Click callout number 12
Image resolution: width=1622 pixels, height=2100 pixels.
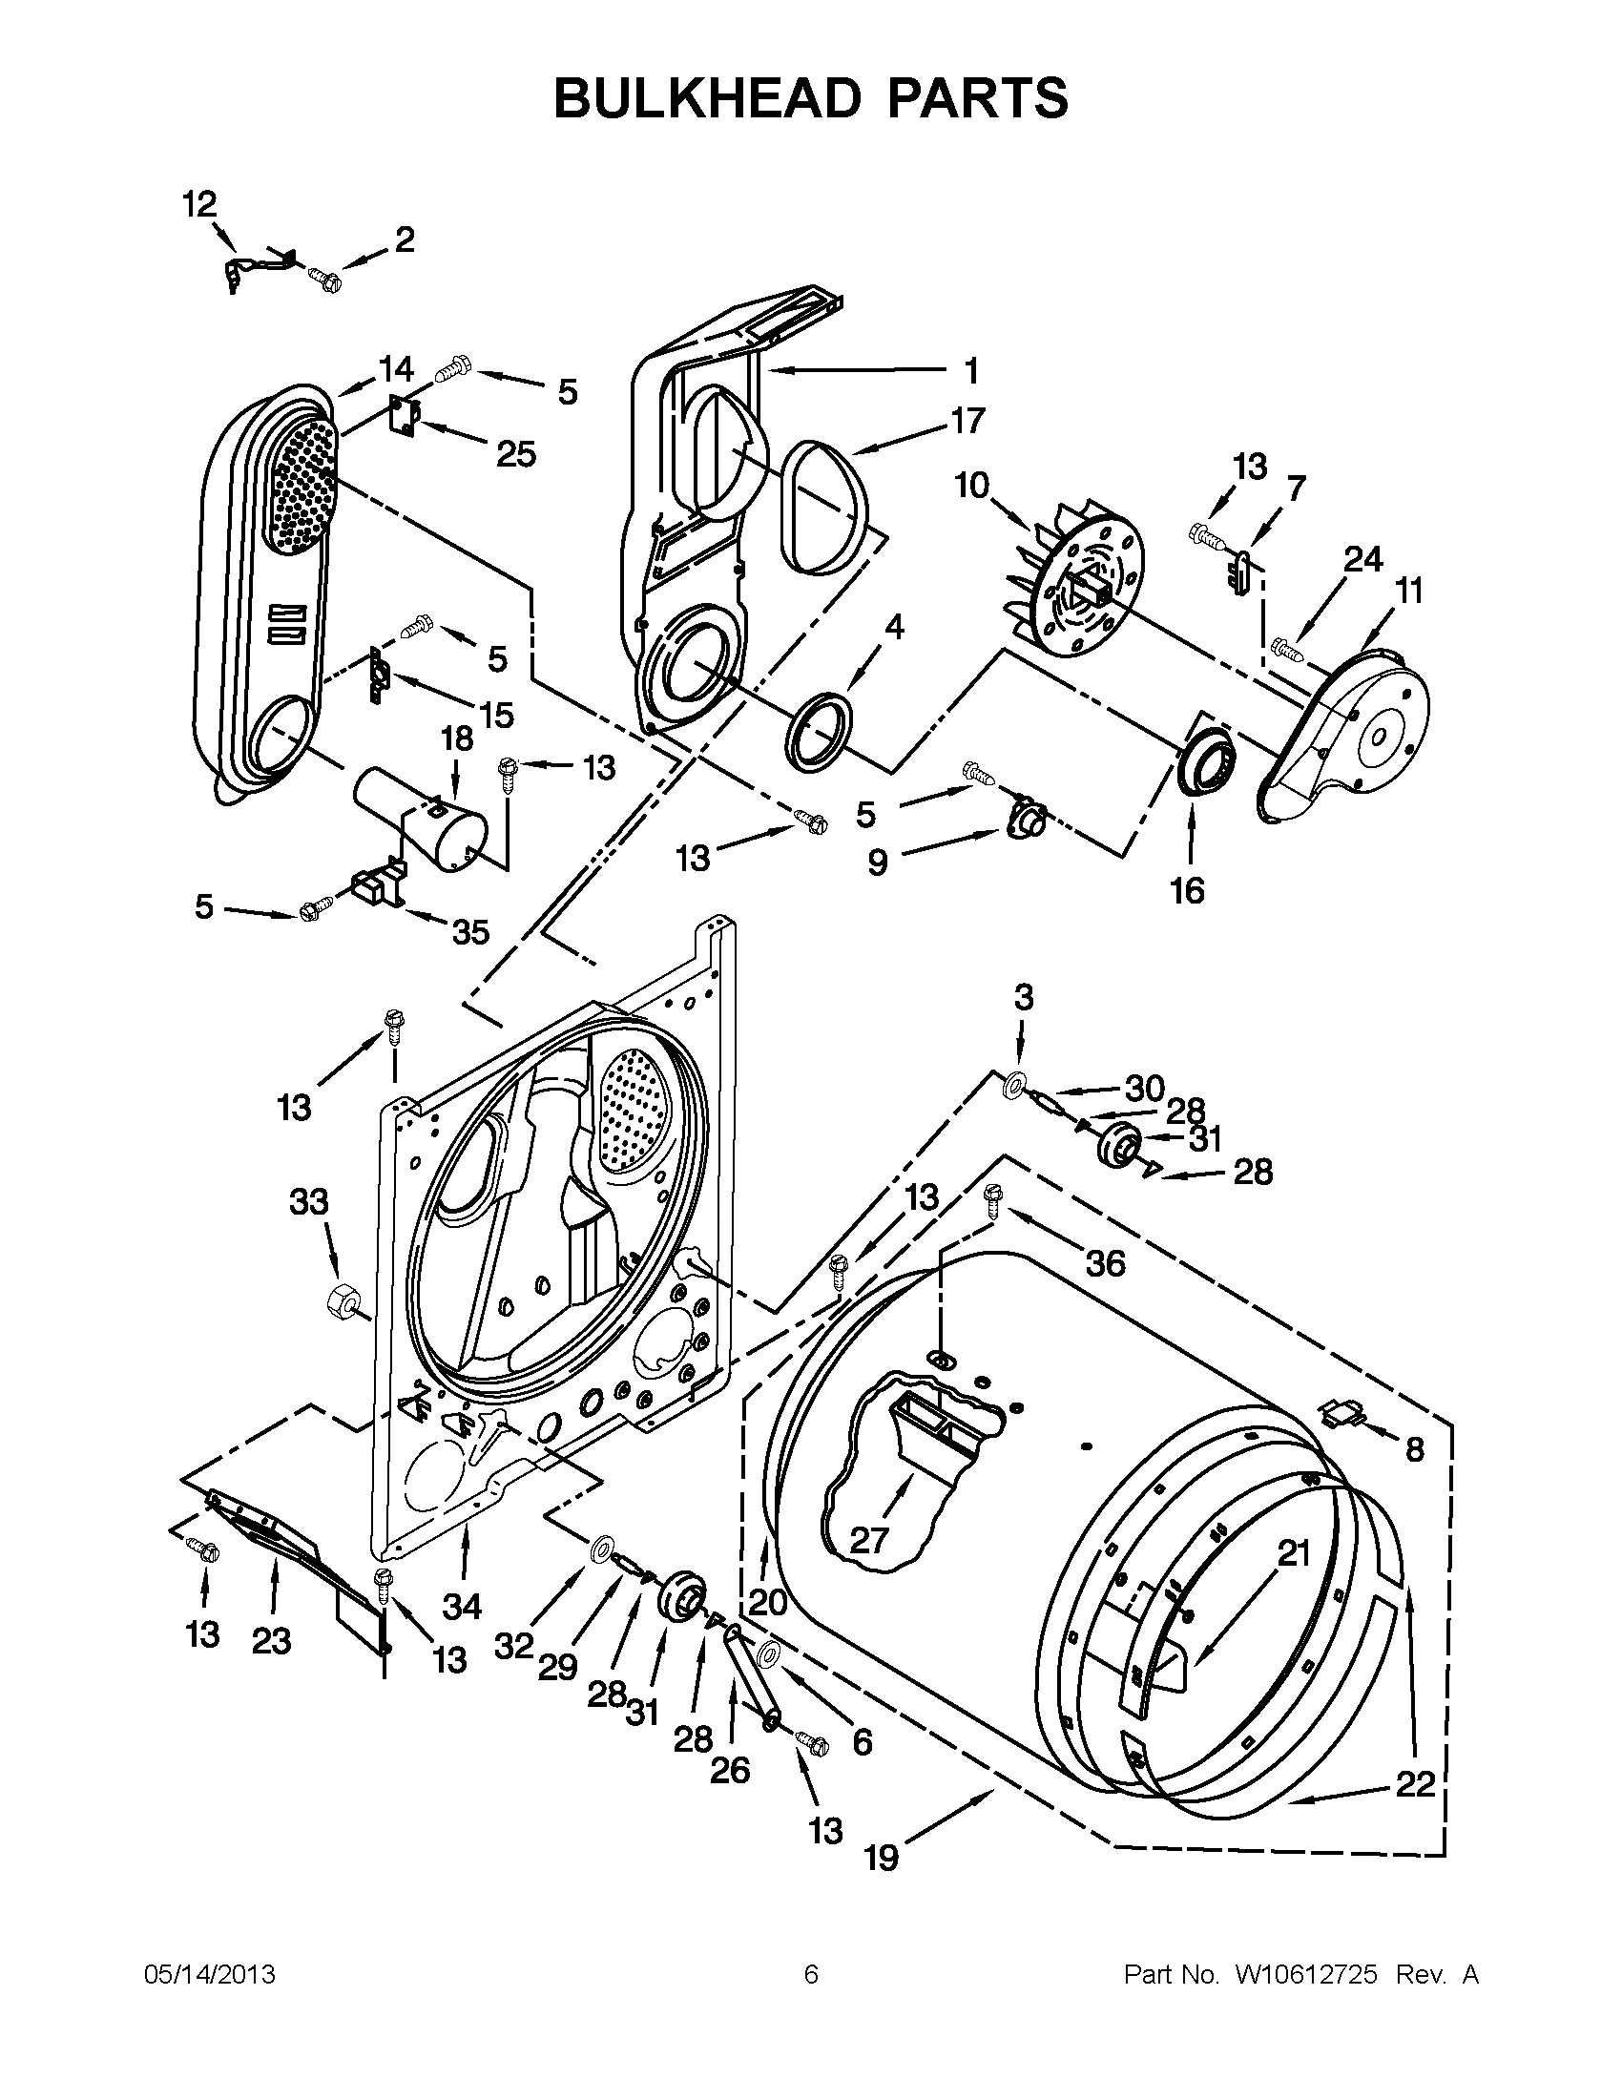[200, 205]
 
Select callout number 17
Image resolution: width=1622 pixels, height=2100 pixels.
[967, 420]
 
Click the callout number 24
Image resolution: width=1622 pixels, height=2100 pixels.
[1362, 559]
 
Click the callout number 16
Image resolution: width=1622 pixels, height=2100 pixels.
[1188, 890]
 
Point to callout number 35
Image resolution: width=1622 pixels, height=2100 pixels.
[470, 931]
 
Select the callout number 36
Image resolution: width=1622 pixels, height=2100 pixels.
[1105, 1262]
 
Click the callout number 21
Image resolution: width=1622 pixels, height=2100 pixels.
[1294, 1552]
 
